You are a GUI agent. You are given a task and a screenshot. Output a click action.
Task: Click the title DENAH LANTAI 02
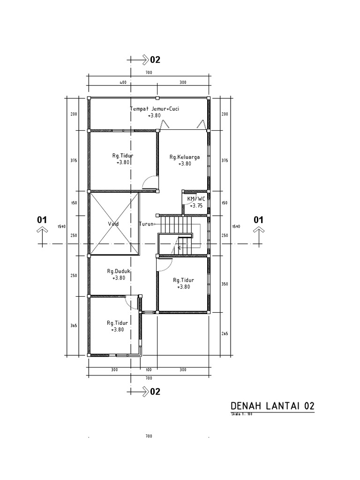pyautogui.click(x=272, y=406)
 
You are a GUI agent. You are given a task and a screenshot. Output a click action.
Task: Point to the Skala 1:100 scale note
pyautogui.click(x=242, y=414)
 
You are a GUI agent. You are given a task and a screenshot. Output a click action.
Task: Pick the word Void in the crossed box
pyautogui.click(x=113, y=224)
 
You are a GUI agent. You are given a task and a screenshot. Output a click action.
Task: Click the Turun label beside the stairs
pyautogui.click(x=146, y=224)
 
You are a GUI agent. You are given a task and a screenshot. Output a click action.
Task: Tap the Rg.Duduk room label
pyautogui.click(x=119, y=271)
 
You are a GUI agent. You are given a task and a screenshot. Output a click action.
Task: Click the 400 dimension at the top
pyautogui.click(x=123, y=82)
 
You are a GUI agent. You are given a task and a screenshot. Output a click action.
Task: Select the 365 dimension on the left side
pyautogui.click(x=74, y=325)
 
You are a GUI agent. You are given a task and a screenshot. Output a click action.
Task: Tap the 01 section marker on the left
pyautogui.click(x=42, y=219)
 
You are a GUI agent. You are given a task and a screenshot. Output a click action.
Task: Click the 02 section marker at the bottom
pyautogui.click(x=155, y=392)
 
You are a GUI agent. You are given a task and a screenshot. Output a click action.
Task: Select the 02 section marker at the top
pyautogui.click(x=155, y=60)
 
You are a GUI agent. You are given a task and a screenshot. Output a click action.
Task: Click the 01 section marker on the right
pyautogui.click(x=258, y=219)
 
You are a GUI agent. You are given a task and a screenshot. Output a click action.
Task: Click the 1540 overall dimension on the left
pyautogui.click(x=61, y=226)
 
